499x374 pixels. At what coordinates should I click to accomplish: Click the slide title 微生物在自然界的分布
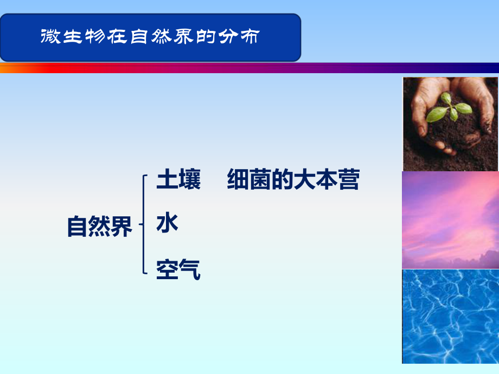pos(150,37)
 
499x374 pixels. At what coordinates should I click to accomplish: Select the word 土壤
pos(178,180)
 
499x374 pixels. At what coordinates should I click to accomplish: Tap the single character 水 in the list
pos(167,223)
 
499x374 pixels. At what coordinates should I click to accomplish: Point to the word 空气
pos(178,269)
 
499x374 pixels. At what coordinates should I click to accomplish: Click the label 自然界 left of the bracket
pos(100,227)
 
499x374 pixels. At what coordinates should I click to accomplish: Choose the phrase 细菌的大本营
pos(293,180)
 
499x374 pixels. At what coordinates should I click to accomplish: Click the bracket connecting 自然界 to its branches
pos(143,224)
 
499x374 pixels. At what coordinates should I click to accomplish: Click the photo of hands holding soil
pos(450,124)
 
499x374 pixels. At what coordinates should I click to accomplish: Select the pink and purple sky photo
pos(450,220)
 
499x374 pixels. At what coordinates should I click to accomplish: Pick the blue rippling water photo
pos(450,316)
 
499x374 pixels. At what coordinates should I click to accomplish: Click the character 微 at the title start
pos(50,37)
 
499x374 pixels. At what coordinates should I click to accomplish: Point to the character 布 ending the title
pos(250,37)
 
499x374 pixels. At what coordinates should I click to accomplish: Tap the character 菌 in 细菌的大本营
pos(259,180)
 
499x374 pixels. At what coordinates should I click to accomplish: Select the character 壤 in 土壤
pos(189,180)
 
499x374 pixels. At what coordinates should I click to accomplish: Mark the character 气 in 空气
pos(189,269)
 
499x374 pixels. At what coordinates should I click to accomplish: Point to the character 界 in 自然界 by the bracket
pos(121,227)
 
